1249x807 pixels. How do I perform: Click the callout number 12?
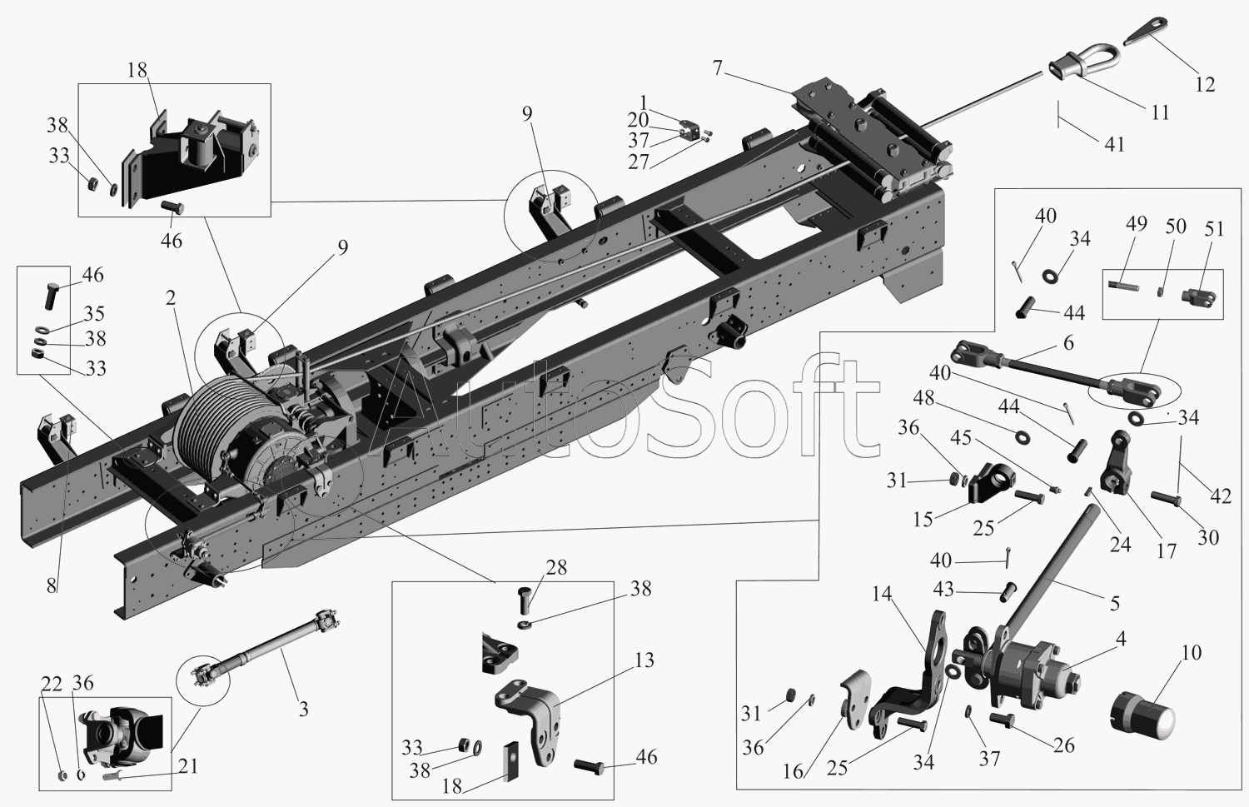point(1205,84)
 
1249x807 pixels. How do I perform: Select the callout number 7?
point(717,67)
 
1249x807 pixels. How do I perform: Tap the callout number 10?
point(1192,652)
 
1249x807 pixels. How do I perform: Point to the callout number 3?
point(303,709)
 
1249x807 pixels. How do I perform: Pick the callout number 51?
point(1214,228)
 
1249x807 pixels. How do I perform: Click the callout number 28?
point(556,568)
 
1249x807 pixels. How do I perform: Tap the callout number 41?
point(1115,144)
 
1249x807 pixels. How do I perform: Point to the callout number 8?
point(52,586)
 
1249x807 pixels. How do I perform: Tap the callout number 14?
point(882,594)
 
